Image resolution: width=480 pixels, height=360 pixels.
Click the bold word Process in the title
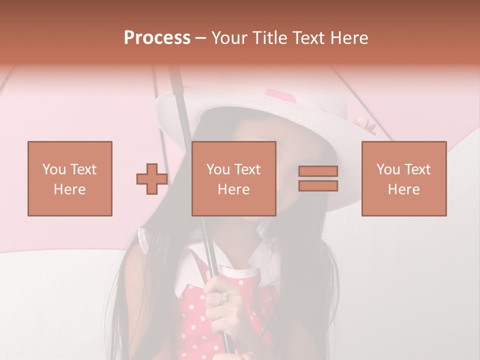157,38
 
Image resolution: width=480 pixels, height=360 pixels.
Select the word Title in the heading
268,38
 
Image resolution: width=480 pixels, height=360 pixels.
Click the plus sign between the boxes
152,179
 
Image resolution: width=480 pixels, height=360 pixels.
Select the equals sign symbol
318,178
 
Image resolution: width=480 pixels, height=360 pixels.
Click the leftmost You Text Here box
69,178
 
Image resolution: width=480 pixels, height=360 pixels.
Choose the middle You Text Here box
233,178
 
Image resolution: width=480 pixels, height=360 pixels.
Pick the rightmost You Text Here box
403,178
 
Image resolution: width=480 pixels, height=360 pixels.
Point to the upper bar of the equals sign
318,171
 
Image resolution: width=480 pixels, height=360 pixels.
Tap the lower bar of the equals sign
318,185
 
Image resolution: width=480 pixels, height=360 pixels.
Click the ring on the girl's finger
224,296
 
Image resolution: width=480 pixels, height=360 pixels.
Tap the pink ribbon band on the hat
280,95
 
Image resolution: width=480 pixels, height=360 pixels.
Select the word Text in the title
308,38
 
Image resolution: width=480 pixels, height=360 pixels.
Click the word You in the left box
53,169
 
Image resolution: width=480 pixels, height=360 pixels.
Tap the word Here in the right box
403,189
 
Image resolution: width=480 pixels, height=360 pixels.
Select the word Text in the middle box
247,169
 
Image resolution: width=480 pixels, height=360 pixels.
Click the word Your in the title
229,38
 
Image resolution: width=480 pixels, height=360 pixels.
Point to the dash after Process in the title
200,38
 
